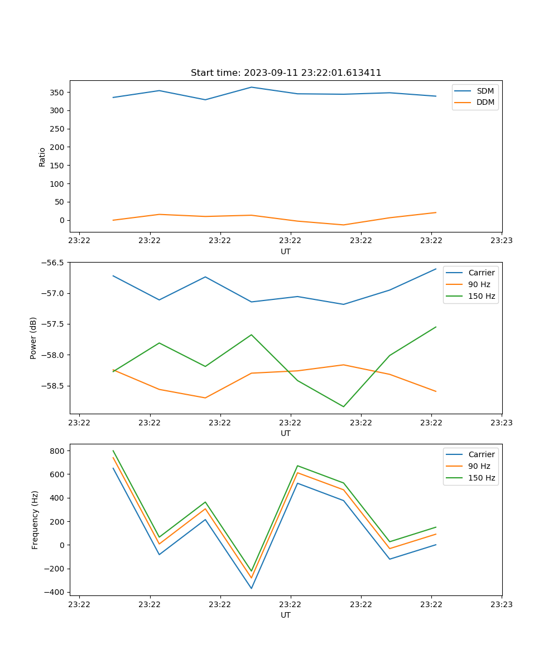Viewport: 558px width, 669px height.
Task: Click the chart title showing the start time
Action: [x=286, y=73]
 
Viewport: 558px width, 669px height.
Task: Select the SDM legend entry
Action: [x=485, y=90]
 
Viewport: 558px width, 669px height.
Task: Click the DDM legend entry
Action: [x=485, y=102]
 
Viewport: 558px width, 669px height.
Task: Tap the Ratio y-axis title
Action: [x=42, y=157]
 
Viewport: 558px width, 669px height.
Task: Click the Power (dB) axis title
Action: [x=33, y=338]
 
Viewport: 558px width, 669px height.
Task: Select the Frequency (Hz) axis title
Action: [x=35, y=520]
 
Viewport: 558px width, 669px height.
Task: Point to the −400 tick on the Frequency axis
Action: [x=56, y=592]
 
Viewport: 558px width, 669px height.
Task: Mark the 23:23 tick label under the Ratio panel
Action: [x=502, y=241]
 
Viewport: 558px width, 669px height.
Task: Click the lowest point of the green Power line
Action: [x=343, y=406]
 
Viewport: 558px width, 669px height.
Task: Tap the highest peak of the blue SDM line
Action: [x=251, y=87]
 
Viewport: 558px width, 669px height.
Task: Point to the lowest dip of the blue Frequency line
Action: [x=251, y=588]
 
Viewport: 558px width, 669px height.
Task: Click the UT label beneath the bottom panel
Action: [x=286, y=615]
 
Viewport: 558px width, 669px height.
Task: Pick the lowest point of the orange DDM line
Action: [x=343, y=225]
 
